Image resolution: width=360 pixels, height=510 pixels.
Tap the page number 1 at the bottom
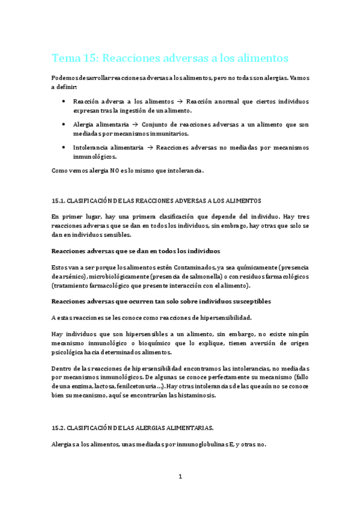pos(180,476)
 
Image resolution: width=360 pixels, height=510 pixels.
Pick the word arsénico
pos(70,276)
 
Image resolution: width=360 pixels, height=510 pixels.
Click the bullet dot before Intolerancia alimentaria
pos(64,147)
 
